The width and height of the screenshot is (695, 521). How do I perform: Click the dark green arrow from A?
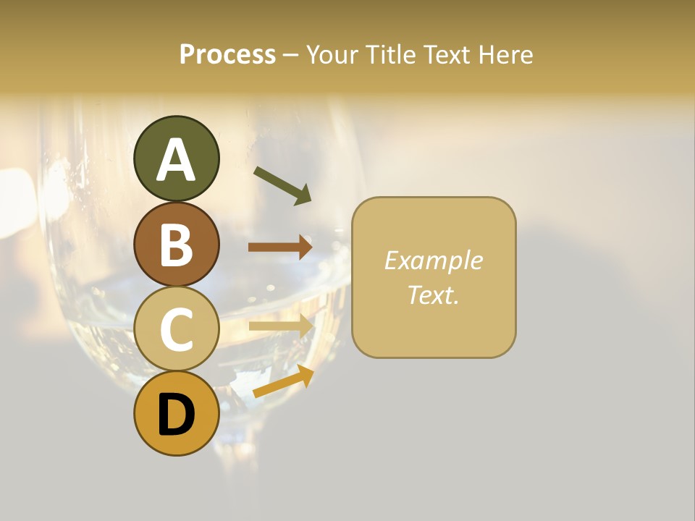[x=282, y=185]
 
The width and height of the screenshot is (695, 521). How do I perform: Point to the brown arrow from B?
[x=280, y=247]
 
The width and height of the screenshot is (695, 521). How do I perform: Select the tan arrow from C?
[x=281, y=326]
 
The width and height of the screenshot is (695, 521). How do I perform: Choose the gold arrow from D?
[x=283, y=381]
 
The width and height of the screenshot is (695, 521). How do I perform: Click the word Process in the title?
[x=227, y=54]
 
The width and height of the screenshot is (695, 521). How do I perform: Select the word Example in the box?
[x=433, y=260]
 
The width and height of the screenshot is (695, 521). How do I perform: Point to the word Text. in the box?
[x=433, y=295]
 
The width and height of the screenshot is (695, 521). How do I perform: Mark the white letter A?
[x=176, y=159]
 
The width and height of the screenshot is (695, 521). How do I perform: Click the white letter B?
[x=176, y=245]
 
